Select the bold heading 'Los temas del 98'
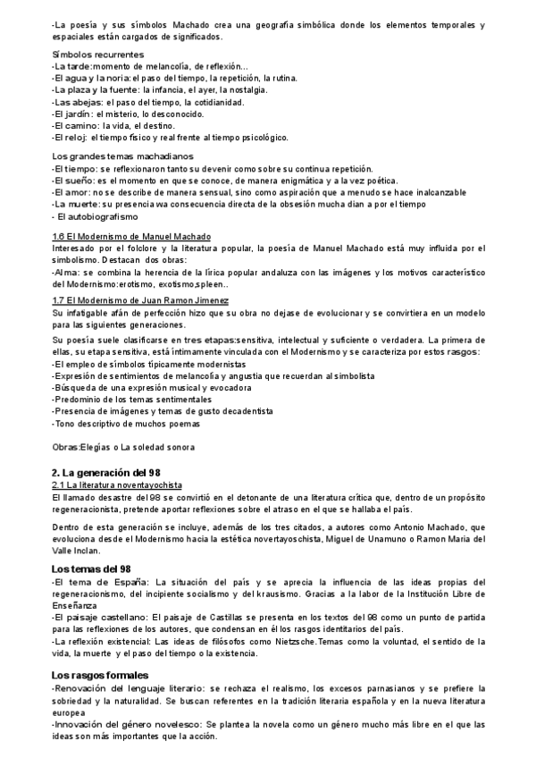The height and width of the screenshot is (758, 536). click(x=92, y=568)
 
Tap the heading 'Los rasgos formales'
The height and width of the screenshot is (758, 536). click(x=100, y=674)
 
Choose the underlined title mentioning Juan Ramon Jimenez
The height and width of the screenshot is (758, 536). click(x=140, y=300)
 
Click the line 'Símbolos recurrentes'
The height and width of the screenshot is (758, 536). click(x=98, y=55)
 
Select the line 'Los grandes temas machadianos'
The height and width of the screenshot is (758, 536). click(x=122, y=156)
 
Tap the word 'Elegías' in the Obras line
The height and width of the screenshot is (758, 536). click(x=100, y=447)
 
